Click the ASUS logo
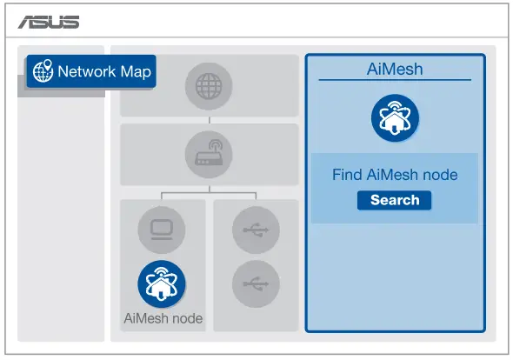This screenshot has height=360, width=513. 50,22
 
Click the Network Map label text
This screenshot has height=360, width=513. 103,72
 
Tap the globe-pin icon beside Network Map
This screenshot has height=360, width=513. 43,72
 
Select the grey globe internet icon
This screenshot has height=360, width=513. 208,86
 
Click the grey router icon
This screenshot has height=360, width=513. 208,154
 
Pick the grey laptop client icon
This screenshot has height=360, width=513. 162,230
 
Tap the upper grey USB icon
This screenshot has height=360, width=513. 256,230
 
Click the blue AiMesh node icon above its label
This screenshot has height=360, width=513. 162,283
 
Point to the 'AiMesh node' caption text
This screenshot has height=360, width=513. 163,318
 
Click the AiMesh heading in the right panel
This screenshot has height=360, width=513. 395,69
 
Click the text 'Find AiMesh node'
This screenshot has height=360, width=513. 395,175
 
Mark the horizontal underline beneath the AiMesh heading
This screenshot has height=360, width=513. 395,81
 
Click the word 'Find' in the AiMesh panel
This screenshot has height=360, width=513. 347,175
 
